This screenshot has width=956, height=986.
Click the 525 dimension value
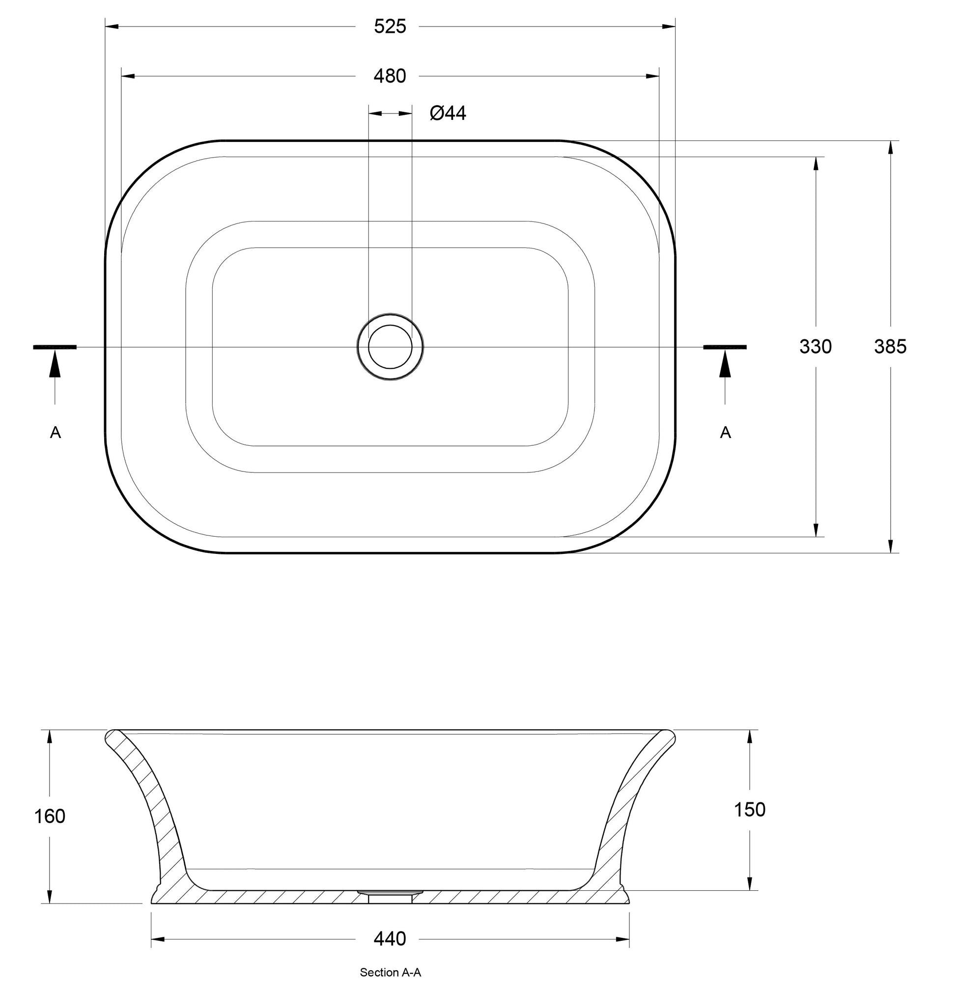390,27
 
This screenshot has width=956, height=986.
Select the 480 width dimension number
390,77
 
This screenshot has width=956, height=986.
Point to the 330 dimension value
815,347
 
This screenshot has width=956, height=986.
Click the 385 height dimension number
890,347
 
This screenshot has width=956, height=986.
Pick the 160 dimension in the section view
49,816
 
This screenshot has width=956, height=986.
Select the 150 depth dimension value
749,809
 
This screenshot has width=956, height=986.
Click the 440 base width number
390,939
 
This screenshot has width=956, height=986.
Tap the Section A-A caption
390,972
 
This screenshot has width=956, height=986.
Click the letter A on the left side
56,432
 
